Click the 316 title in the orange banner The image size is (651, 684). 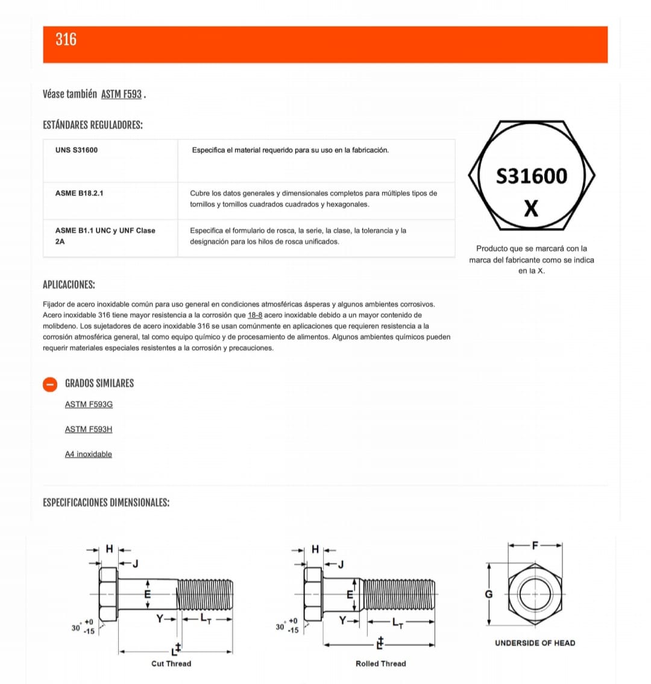click(66, 40)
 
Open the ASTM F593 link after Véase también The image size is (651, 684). click(121, 94)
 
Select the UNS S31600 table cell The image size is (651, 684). click(77, 150)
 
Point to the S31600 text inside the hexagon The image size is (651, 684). click(531, 176)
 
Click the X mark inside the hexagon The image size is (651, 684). click(531, 209)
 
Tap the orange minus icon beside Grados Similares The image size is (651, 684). click(51, 384)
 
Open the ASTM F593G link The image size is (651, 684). click(89, 404)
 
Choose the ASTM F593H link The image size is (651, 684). click(89, 429)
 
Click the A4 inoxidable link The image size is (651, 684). click(89, 454)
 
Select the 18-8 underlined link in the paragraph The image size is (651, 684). click(255, 315)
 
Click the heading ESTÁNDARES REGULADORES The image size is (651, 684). click(93, 125)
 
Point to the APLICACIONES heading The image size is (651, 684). click(69, 285)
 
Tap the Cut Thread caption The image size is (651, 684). click(171, 663)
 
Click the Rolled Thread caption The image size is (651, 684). click(380, 663)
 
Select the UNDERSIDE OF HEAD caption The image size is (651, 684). click(535, 643)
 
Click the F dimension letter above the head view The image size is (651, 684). click(534, 545)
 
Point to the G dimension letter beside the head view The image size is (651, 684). click(489, 594)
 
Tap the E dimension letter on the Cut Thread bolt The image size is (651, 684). click(147, 594)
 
